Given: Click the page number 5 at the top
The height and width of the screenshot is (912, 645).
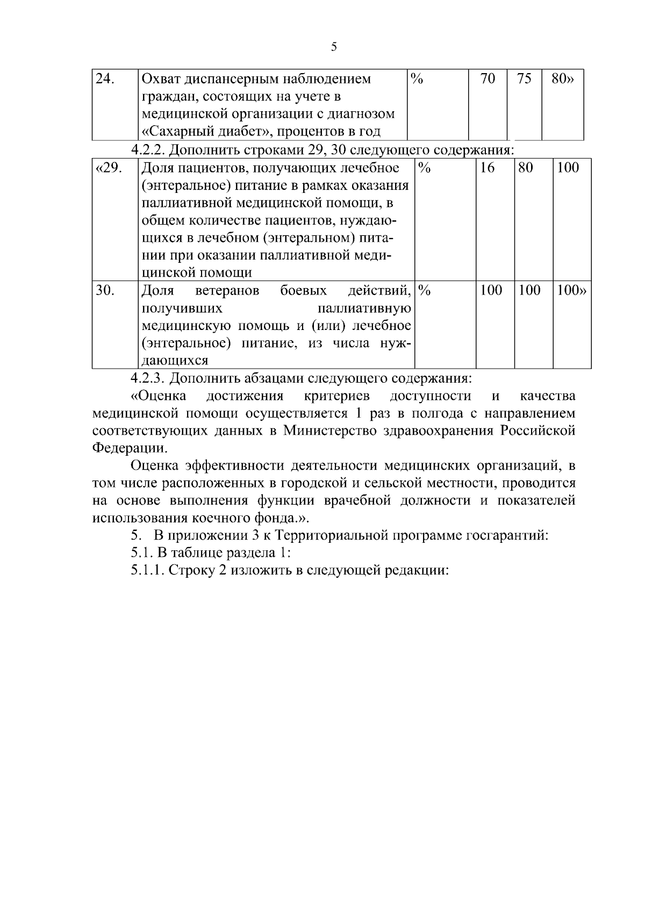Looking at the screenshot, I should [x=334, y=47].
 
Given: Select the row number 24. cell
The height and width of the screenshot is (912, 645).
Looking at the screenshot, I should [x=105, y=79].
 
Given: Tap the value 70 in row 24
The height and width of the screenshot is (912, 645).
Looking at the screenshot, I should [x=488, y=79].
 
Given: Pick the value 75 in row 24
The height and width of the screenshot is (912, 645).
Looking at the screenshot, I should [x=524, y=79].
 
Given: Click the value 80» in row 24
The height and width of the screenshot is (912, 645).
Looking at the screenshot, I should [x=563, y=79].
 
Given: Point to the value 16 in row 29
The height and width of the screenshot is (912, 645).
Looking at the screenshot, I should [x=488, y=168].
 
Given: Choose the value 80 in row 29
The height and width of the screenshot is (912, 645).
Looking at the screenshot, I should [x=526, y=168].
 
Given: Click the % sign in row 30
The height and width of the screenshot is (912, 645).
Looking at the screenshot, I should [x=425, y=291].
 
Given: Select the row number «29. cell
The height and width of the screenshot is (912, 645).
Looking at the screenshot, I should [x=109, y=168].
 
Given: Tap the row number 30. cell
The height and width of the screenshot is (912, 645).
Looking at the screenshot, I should [x=105, y=291].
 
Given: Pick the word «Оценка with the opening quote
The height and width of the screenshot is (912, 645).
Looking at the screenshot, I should [x=159, y=396].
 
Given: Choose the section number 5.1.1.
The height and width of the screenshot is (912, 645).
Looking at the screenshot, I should [x=148, y=570].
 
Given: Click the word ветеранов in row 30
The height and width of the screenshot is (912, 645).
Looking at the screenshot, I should [x=227, y=291].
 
